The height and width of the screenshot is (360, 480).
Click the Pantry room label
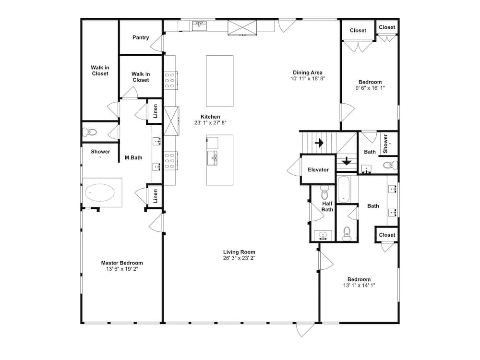point(141,37)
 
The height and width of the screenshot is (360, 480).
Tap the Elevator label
point(318,169)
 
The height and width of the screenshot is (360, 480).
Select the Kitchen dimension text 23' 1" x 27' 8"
point(210,123)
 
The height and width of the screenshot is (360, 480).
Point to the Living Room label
point(239,252)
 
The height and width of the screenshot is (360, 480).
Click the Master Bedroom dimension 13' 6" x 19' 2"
point(122,269)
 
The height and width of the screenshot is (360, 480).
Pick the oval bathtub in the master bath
point(100,192)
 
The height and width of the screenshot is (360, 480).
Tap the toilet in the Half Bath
point(324,192)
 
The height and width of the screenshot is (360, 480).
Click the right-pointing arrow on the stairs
point(319,143)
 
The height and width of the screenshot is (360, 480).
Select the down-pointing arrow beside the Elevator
point(347,161)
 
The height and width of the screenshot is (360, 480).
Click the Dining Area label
point(308,72)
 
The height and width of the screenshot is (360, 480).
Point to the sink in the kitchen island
point(213,158)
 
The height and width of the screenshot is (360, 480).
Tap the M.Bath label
point(133,157)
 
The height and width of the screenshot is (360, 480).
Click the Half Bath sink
point(323,235)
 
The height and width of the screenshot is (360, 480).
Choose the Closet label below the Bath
point(387,235)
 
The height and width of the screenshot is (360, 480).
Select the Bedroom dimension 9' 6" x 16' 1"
point(370,88)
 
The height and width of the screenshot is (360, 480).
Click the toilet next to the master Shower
point(90,132)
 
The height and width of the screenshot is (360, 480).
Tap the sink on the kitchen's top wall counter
point(199,26)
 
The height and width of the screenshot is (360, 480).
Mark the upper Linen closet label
point(155,111)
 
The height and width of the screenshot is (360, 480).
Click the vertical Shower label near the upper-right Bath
point(385,144)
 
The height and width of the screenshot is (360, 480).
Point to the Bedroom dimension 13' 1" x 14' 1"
point(359,285)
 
